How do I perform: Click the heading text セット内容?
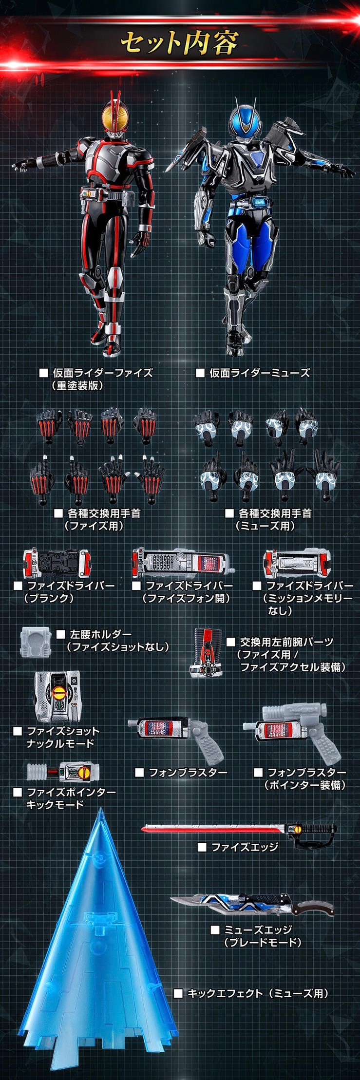(x=179, y=43)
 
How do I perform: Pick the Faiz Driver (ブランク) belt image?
(x=57, y=564)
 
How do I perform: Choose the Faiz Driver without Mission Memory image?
(x=297, y=564)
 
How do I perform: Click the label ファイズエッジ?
(x=244, y=847)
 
